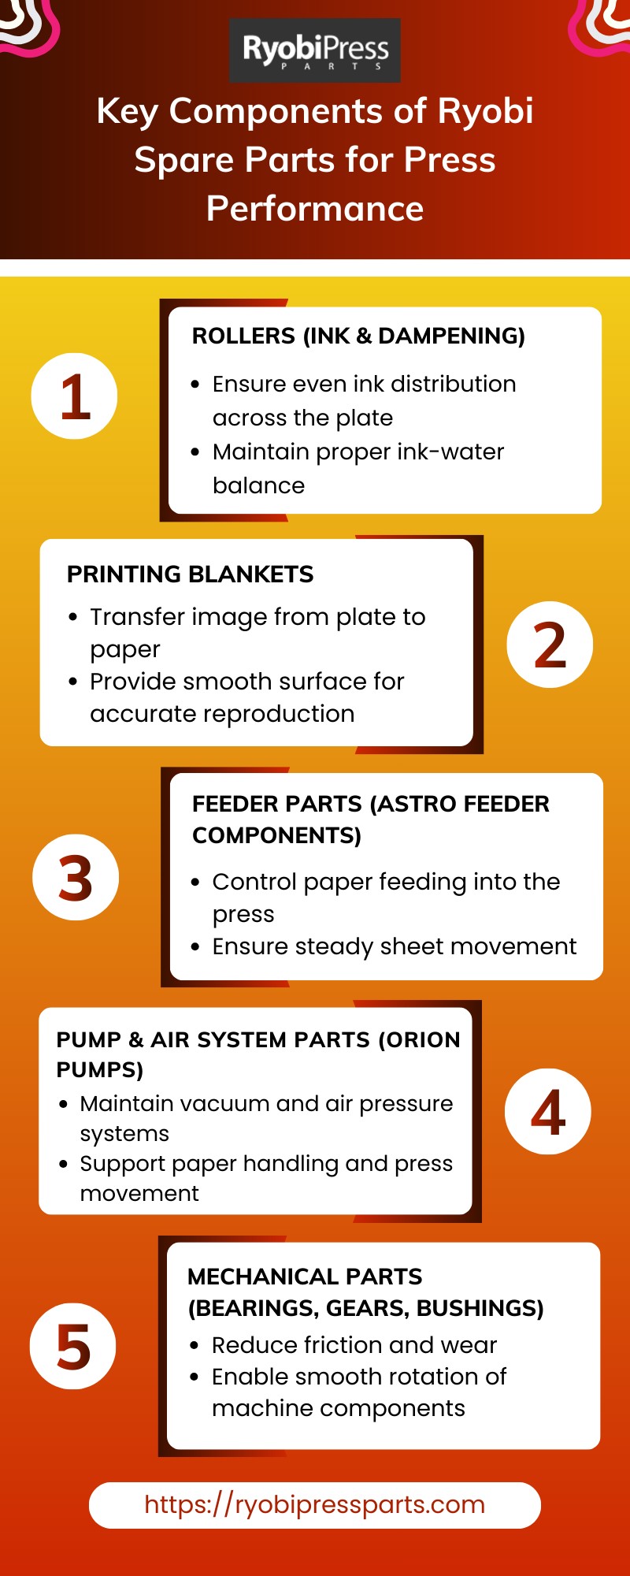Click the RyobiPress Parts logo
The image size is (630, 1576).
point(315,50)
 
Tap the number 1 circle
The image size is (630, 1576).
point(74,396)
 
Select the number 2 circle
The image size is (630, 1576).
point(550,645)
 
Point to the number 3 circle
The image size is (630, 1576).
point(76,877)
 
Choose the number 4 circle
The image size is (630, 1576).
point(548,1112)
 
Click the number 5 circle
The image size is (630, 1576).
point(73,1346)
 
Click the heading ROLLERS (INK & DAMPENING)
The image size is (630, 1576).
point(358,336)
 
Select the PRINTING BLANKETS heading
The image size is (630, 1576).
point(190,574)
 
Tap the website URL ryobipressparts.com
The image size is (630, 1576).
point(315,1504)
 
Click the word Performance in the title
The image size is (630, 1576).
point(315,209)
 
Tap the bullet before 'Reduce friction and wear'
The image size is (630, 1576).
point(195,1346)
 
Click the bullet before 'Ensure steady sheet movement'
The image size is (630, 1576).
point(195,947)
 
